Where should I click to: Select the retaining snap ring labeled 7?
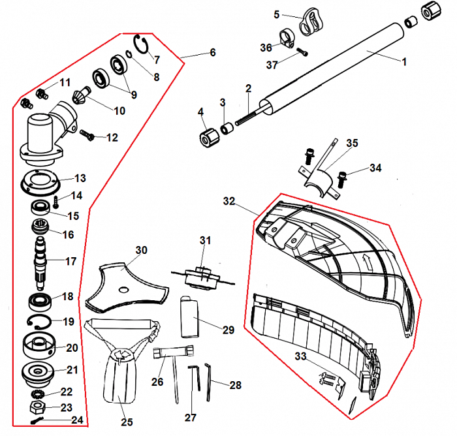click(x=144, y=44)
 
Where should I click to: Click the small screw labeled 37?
click(x=301, y=52)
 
